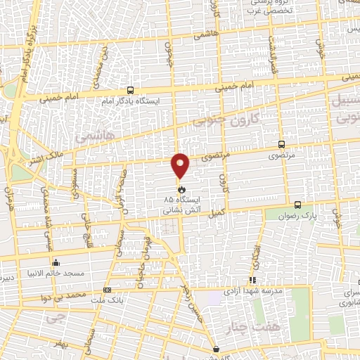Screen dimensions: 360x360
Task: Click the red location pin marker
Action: pyautogui.click(x=181, y=166)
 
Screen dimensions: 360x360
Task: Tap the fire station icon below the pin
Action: pyautogui.click(x=181, y=188)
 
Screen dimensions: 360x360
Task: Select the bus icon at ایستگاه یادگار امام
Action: pyautogui.click(x=130, y=91)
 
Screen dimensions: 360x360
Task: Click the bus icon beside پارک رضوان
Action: pyautogui.click(x=298, y=205)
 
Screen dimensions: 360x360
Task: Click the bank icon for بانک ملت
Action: pyautogui.click(x=107, y=290)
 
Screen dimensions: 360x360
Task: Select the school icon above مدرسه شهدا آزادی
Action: pyautogui.click(x=252, y=281)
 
